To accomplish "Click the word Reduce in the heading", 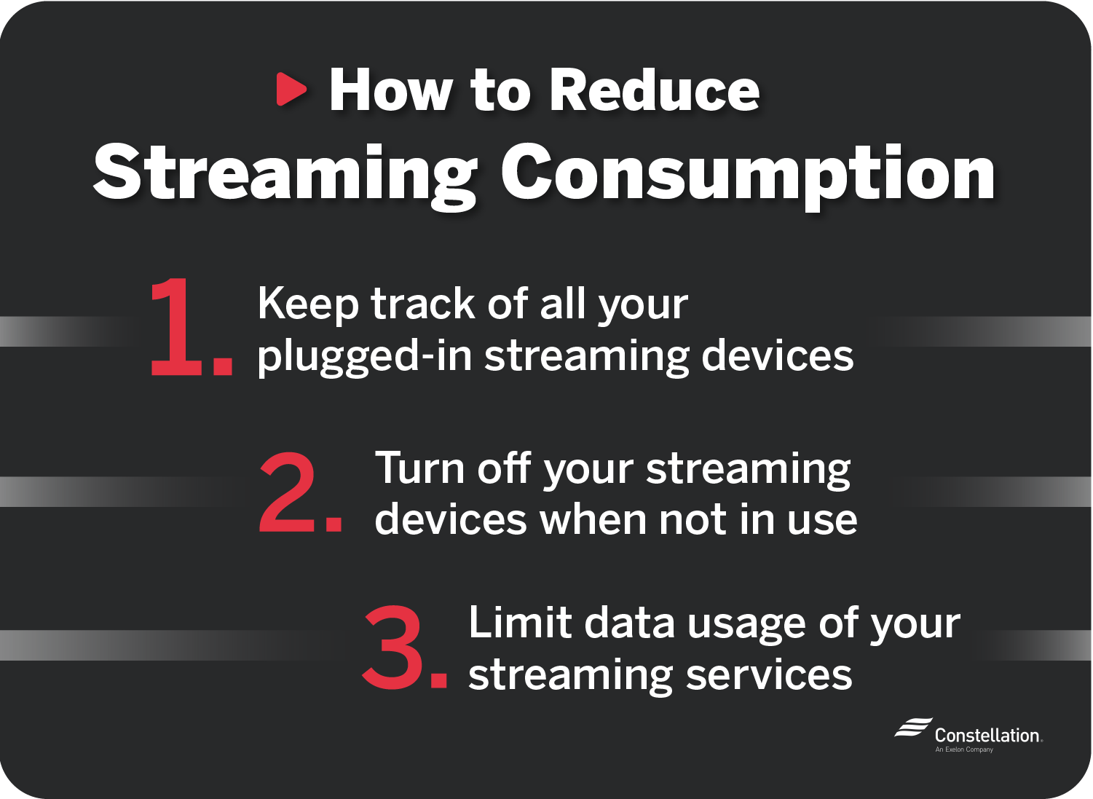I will point(654,90).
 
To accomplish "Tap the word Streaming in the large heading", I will point(285,173).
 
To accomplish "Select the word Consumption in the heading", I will point(748,173).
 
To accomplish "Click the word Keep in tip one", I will point(307,304).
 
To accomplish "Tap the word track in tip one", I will point(423,304).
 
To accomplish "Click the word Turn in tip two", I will point(419,468).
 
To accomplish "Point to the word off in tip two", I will point(503,468).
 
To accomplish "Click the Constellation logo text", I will point(987,736).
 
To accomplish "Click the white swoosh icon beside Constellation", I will point(913,728).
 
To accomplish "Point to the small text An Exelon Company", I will point(964,749).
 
